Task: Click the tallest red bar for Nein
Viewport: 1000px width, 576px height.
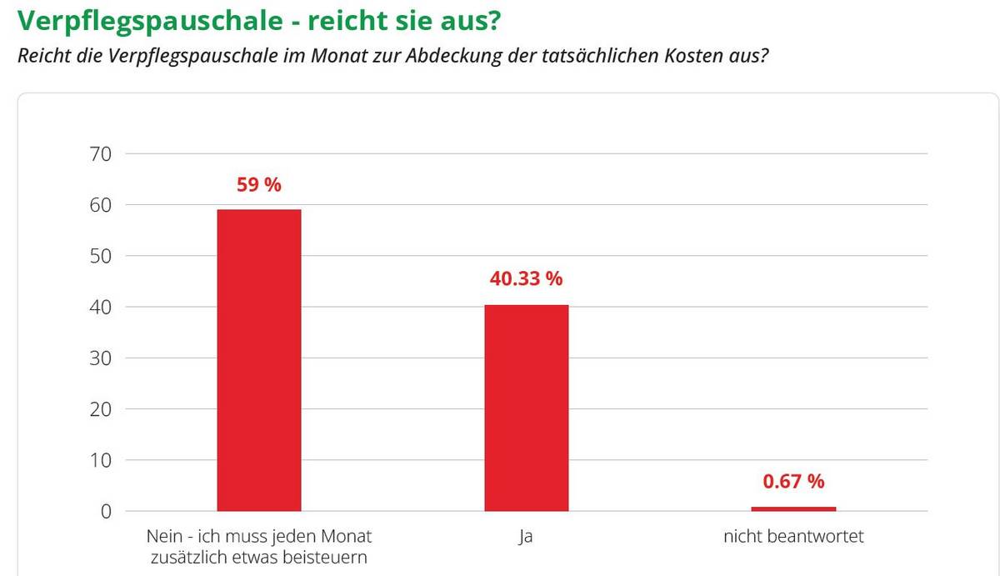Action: coord(258,359)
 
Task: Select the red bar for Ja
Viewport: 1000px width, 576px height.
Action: coord(526,408)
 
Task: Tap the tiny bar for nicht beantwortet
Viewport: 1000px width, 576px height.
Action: coord(793,508)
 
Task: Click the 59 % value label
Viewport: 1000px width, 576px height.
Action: coord(259,185)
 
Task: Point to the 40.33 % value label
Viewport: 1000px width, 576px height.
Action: coord(526,279)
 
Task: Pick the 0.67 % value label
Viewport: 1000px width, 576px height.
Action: coord(793,481)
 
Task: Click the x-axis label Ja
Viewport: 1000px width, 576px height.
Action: coord(525,536)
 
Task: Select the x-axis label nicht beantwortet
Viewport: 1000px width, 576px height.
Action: coord(793,536)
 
